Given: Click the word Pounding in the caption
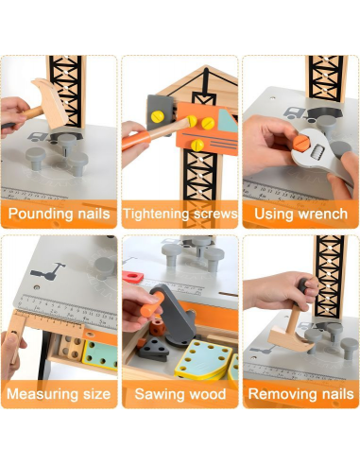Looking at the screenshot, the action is pyautogui.click(x=36, y=214).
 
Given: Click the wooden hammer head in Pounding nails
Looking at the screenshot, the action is pyautogui.click(x=50, y=102).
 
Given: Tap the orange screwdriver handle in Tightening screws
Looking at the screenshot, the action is pyautogui.click(x=136, y=140).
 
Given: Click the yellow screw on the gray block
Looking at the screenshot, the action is pyautogui.click(x=158, y=117).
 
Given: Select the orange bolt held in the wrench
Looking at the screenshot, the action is pyautogui.click(x=301, y=143).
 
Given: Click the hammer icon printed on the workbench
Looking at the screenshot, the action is pyautogui.click(x=48, y=272).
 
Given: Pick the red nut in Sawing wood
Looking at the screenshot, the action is pyautogui.click(x=133, y=277).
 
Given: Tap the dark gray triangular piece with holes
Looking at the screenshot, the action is pyautogui.click(x=154, y=349).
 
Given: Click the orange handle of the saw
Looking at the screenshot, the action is pyautogui.click(x=152, y=305).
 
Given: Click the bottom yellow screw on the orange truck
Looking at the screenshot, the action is pyautogui.click(x=197, y=145).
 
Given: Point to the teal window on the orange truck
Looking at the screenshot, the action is pyautogui.click(x=229, y=120).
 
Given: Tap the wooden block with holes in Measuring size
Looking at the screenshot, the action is pyautogui.click(x=72, y=348).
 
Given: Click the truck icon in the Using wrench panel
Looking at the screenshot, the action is pyautogui.click(x=296, y=114).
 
